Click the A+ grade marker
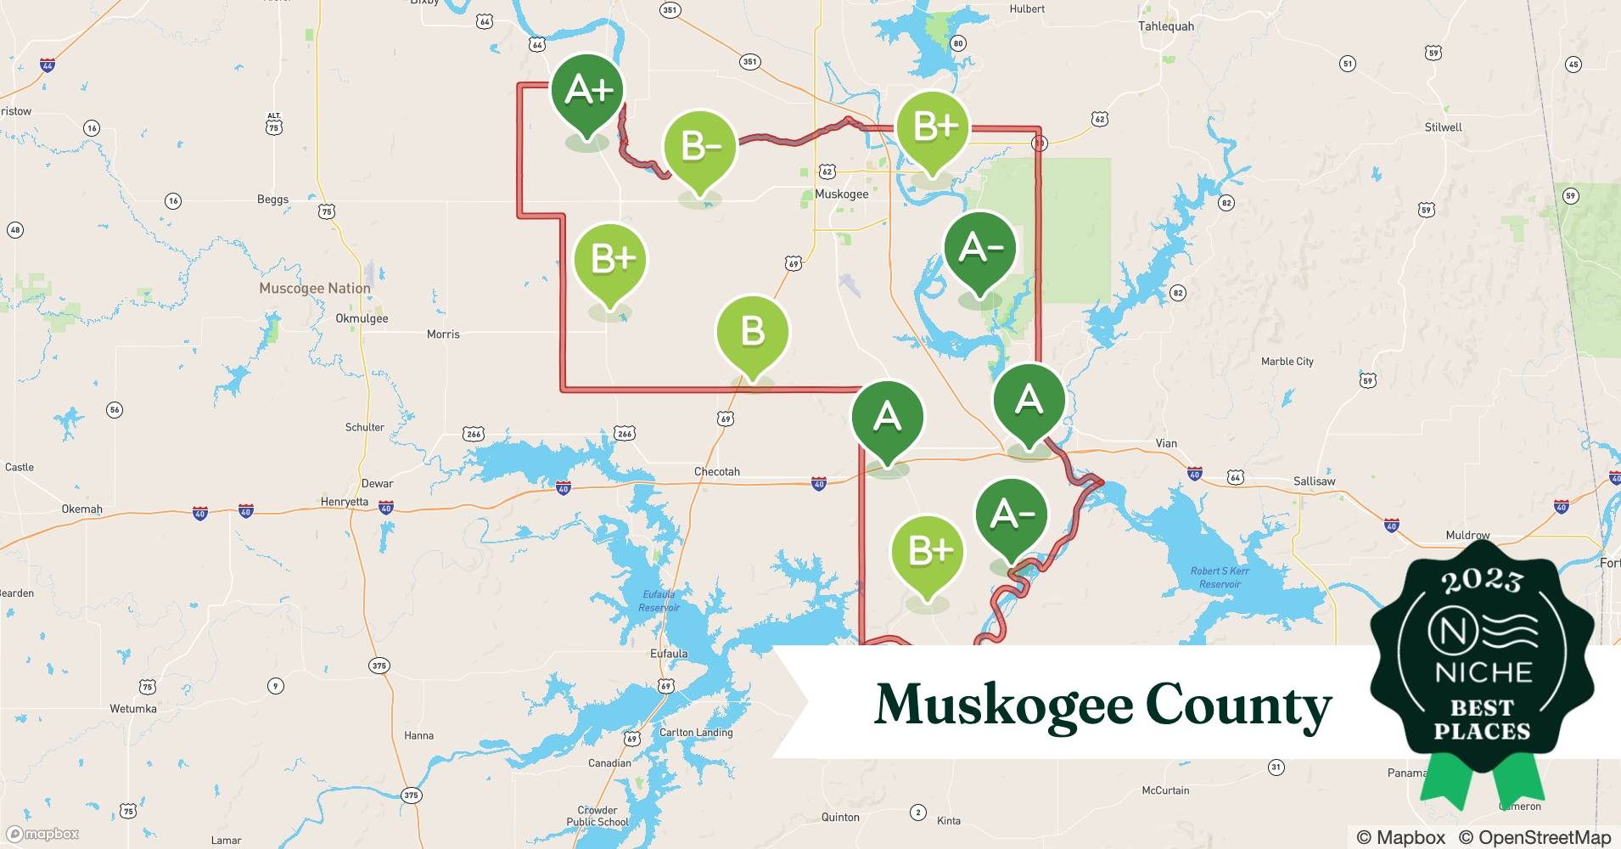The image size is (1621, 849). tap(587, 90)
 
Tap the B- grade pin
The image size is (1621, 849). tap(700, 147)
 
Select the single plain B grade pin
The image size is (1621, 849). tap(753, 331)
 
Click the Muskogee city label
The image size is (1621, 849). tap(841, 194)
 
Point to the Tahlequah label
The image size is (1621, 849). tap(1166, 26)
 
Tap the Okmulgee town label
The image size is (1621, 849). tap(362, 318)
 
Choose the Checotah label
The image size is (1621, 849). tap(717, 471)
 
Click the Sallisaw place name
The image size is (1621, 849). tap(1314, 481)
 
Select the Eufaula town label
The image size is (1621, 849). tap(669, 654)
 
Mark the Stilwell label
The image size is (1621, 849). tap(1443, 127)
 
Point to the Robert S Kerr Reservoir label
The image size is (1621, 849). tap(1220, 577)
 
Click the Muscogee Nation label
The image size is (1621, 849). tap(315, 289)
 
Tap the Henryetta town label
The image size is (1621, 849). tap(344, 502)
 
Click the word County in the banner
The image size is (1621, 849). tap(1238, 706)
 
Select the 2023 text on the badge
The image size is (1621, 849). tap(1482, 581)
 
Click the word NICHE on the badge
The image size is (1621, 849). tap(1483, 673)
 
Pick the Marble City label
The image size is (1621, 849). tap(1287, 362)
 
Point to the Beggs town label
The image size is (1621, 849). tap(272, 200)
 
